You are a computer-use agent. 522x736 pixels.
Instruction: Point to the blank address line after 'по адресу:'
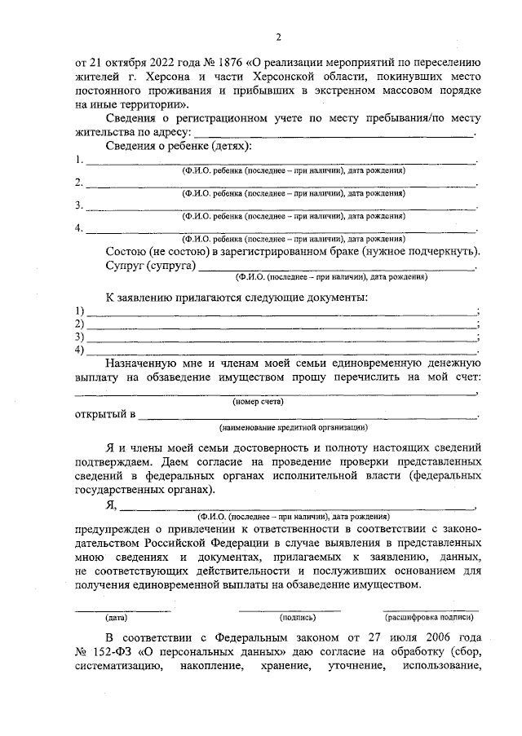334,132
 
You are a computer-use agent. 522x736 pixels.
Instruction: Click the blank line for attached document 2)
282,325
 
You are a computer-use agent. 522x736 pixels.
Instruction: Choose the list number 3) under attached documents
80,337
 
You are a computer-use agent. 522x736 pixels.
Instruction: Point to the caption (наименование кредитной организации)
292,428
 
